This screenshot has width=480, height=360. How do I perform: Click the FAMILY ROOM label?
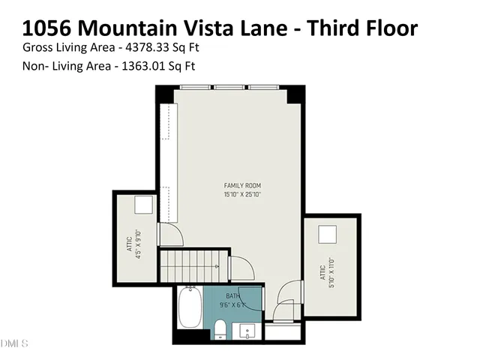point(242,185)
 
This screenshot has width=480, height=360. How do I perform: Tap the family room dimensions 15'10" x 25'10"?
point(242,194)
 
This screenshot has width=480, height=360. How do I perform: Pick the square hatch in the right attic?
point(328,234)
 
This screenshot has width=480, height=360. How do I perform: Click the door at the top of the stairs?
point(240,267)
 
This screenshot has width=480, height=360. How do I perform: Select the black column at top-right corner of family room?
point(296,95)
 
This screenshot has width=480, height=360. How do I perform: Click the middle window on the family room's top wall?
point(230,88)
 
